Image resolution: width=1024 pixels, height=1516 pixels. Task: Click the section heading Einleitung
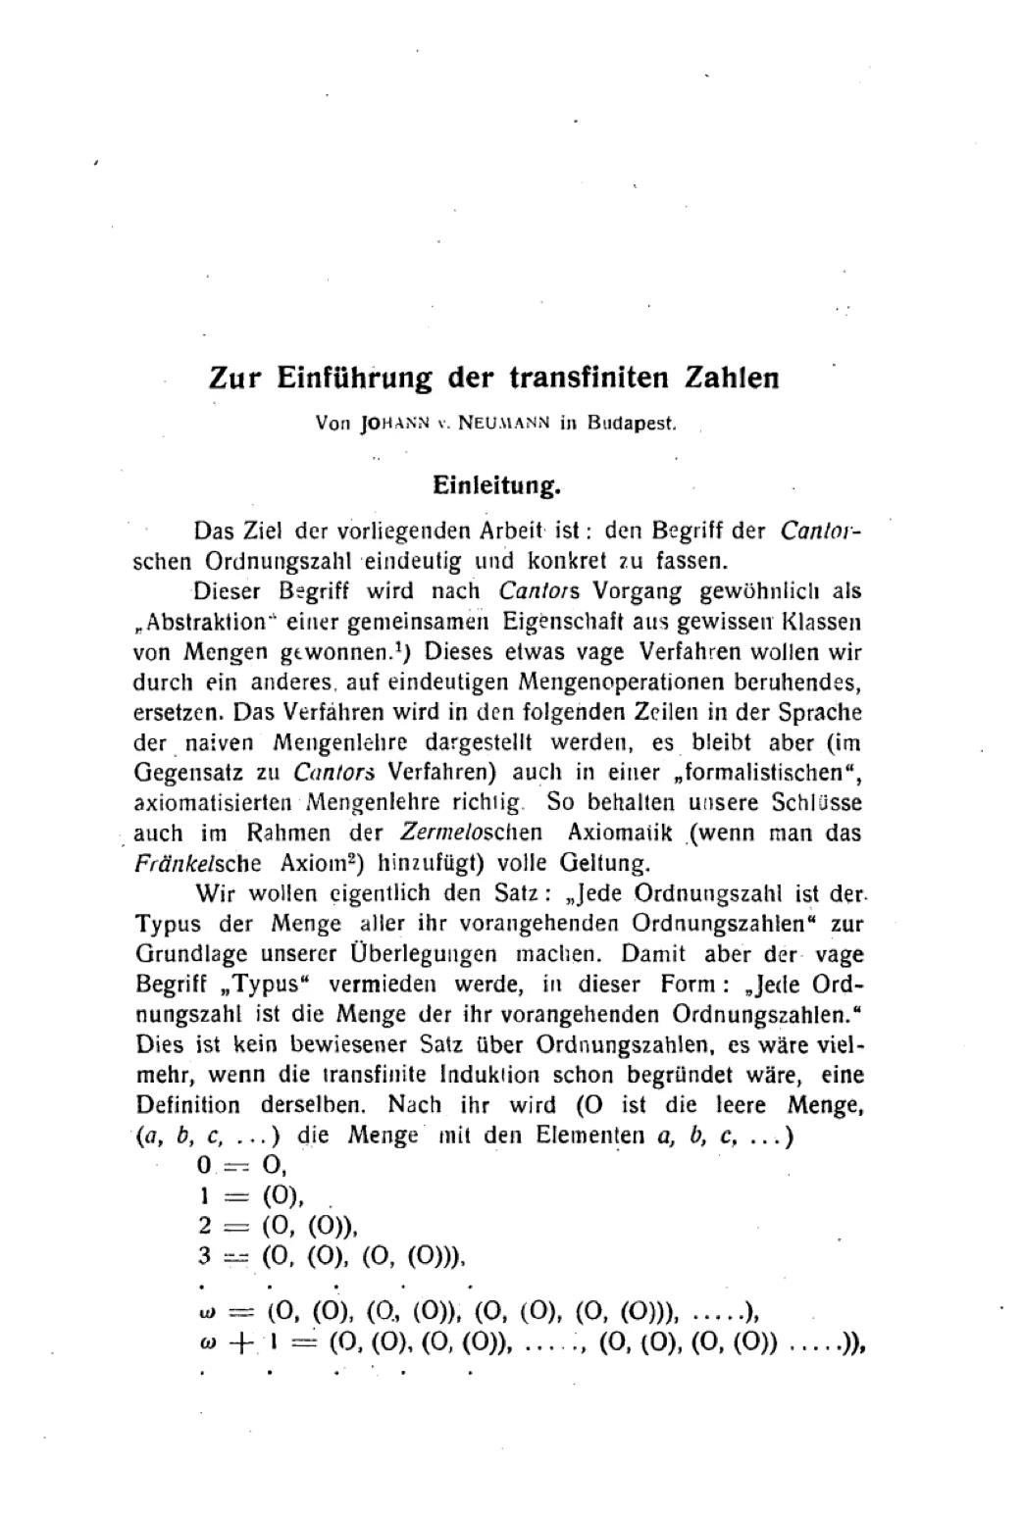496,484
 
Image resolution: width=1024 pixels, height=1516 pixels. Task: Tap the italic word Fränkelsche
197,864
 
